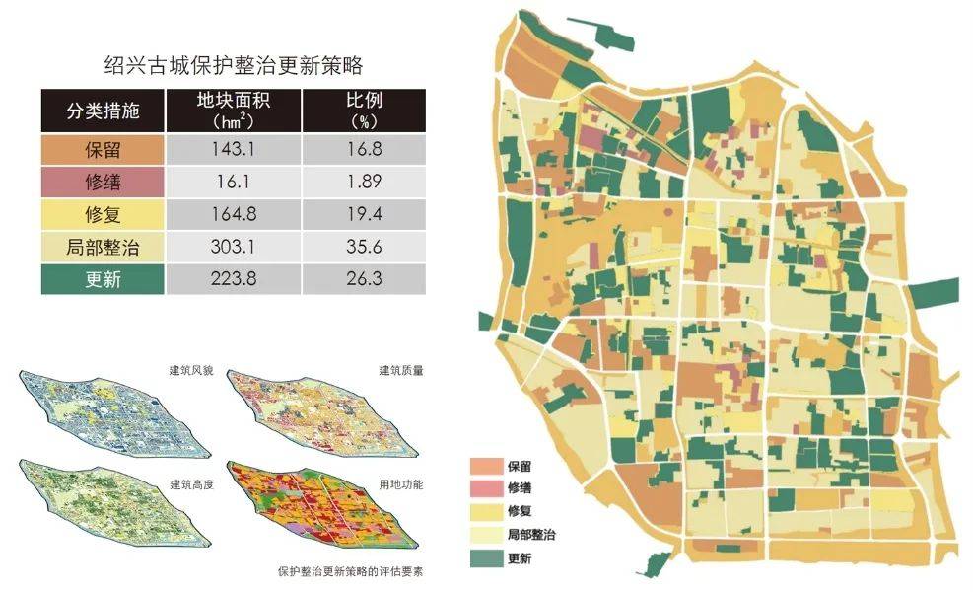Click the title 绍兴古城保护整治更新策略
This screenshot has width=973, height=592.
point(234,66)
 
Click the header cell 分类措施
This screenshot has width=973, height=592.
point(103,111)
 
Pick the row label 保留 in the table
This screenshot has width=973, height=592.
point(103,150)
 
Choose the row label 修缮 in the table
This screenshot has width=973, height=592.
point(103,182)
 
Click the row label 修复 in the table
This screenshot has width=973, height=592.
point(103,214)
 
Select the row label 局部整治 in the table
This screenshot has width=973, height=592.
point(103,247)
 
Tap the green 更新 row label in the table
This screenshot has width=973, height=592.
point(103,279)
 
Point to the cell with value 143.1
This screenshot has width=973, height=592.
point(234,150)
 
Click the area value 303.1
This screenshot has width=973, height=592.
point(234,247)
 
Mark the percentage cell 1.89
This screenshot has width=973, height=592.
point(364,182)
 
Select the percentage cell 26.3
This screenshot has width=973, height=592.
point(364,279)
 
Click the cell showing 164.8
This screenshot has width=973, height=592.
point(234,214)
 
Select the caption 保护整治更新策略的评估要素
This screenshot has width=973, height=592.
point(356,570)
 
